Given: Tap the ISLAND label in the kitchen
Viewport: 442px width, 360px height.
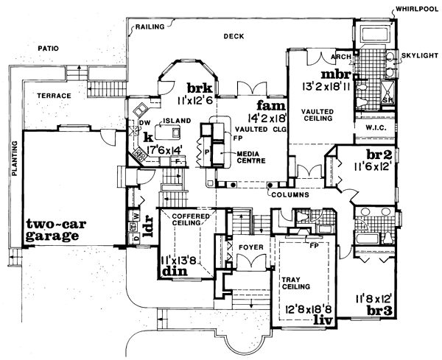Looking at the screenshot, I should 178,121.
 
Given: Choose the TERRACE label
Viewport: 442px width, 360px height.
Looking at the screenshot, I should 55,96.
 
